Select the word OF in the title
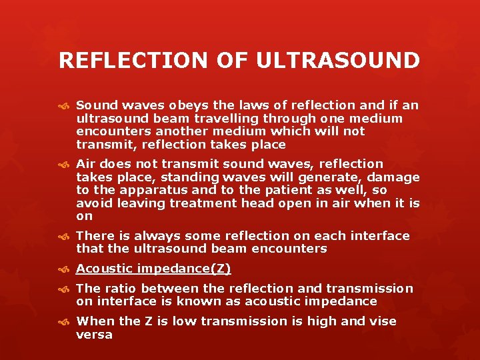click(x=234, y=60)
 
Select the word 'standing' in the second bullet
click(x=193, y=177)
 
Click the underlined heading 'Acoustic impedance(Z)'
click(x=153, y=269)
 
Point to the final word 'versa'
click(x=94, y=335)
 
